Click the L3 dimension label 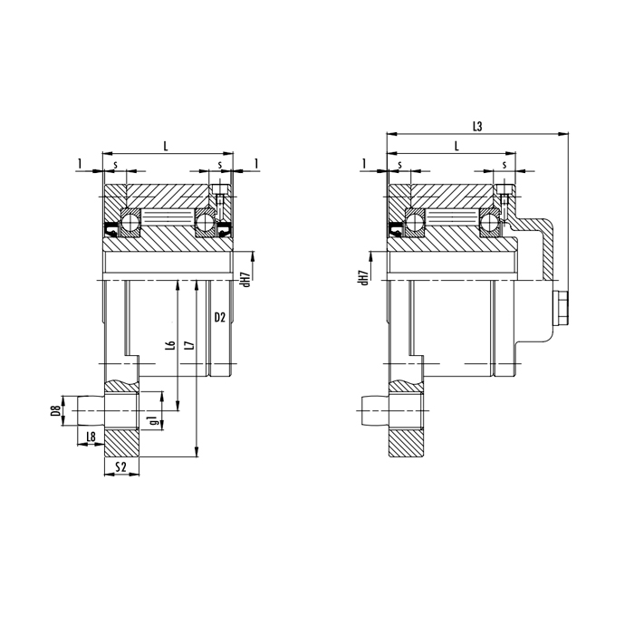coord(477,127)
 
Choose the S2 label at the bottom coord(121,467)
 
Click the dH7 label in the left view coord(245,278)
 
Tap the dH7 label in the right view coord(363,278)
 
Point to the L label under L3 coord(456,145)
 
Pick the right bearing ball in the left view coord(206,221)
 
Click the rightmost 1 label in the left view coord(257,163)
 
